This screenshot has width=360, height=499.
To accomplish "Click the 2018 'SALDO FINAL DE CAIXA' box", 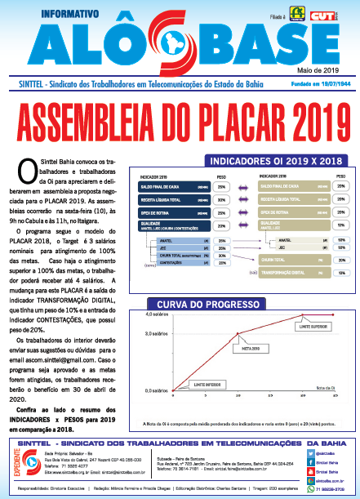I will tap(290, 185).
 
